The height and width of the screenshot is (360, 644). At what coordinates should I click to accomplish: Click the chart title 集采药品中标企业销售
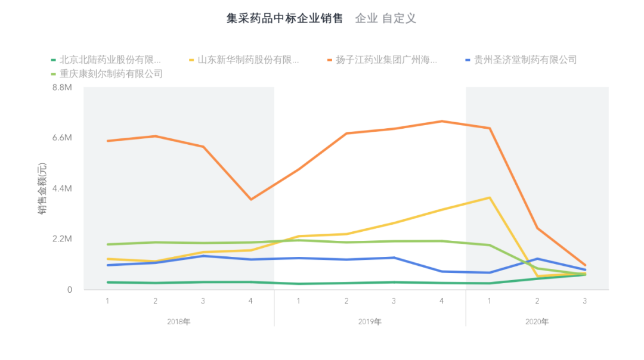284,18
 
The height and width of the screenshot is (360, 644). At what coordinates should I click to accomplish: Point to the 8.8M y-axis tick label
63,87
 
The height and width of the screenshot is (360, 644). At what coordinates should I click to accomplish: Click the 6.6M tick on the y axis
63,138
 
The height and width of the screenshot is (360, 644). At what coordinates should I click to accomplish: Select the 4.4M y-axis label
63,188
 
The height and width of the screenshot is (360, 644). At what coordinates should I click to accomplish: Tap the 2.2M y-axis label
63,239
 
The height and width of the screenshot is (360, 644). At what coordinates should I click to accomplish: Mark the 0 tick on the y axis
69,290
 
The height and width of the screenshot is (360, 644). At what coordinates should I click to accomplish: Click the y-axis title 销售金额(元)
43,188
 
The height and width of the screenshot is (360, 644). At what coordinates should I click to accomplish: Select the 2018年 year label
179,322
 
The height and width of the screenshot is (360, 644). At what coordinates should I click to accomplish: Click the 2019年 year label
370,322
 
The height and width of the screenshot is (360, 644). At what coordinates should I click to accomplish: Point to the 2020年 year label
537,322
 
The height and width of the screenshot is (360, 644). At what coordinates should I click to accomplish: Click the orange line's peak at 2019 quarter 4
441,122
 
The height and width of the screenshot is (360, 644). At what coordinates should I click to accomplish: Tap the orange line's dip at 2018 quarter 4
250,199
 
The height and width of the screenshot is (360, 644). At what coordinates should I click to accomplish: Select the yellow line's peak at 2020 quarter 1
490,197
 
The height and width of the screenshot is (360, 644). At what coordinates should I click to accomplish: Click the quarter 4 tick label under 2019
441,301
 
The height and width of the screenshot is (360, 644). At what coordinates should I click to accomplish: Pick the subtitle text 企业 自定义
385,18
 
